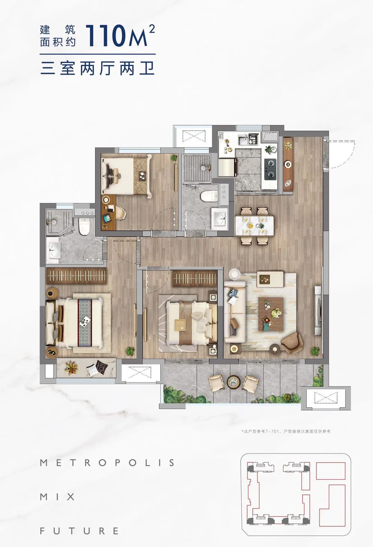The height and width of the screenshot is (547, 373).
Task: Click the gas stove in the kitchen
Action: click(270, 169)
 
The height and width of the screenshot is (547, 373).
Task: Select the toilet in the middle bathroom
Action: click(209, 196)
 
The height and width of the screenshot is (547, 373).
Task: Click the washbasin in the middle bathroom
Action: click(220, 218)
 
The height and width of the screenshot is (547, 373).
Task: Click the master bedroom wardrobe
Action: click(76, 276)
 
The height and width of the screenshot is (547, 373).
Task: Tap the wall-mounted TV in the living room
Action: click(317, 310)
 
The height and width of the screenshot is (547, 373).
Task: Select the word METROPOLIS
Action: click(107, 463)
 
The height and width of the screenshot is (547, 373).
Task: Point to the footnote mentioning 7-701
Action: click(286, 432)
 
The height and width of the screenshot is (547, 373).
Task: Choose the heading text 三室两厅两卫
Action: click(98, 68)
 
